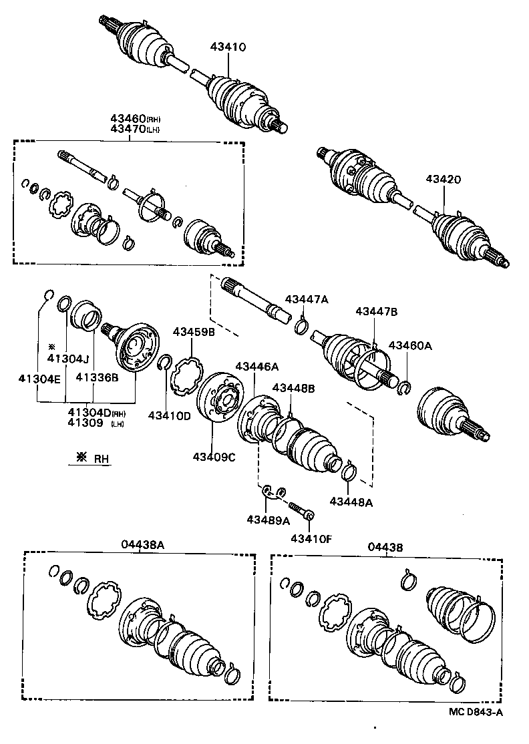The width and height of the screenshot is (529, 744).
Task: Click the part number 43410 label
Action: tap(228, 47)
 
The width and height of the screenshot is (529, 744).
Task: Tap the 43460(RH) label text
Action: tap(136, 119)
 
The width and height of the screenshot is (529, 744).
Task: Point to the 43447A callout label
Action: tap(307, 300)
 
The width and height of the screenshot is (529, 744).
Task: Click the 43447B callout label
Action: tap(376, 311)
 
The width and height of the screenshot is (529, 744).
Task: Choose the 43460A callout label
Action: tap(410, 345)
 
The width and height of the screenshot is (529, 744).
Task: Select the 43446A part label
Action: tap(256, 366)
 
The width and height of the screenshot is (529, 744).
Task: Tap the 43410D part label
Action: tap(169, 415)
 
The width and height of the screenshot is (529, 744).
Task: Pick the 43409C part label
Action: tap(214, 457)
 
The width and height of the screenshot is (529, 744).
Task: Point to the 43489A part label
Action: tap(267, 520)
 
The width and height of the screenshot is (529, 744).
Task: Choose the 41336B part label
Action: tap(97, 377)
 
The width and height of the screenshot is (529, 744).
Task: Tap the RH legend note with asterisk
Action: tap(94, 458)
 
